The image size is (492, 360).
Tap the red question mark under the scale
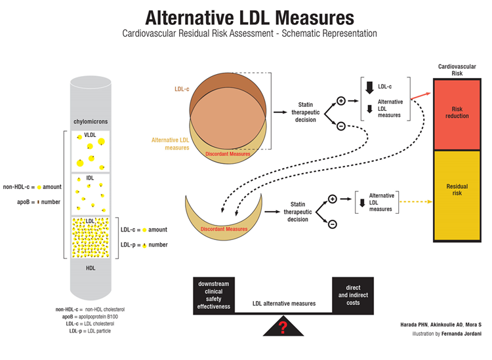click(x=283, y=326)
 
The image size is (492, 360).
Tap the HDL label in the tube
click(x=91, y=268)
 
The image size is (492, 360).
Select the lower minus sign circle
click(x=332, y=224)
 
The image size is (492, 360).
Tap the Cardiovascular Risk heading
click(x=457, y=70)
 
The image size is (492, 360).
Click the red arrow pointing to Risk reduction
click(x=420, y=96)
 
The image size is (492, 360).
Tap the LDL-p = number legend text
click(x=144, y=245)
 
